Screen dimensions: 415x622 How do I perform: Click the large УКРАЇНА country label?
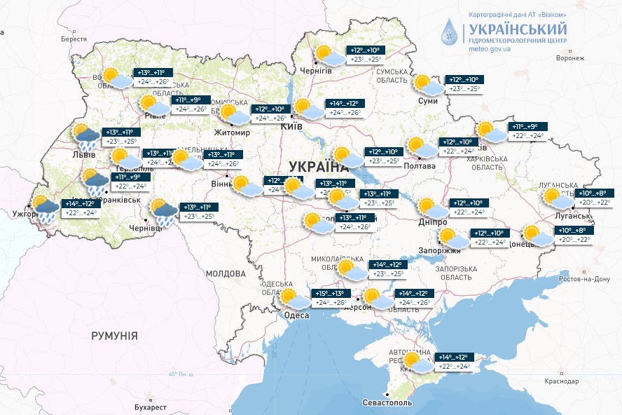click(x=317, y=166)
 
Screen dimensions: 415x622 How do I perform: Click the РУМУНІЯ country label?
click(x=114, y=336)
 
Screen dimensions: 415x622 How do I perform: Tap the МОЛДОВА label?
click(x=226, y=273)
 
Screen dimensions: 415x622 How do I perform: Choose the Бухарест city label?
click(x=151, y=407)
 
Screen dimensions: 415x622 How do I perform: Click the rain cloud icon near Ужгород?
click(x=45, y=209)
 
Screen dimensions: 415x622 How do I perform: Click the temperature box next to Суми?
click(x=464, y=84)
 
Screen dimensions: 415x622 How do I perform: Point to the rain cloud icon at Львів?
click(x=85, y=137)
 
